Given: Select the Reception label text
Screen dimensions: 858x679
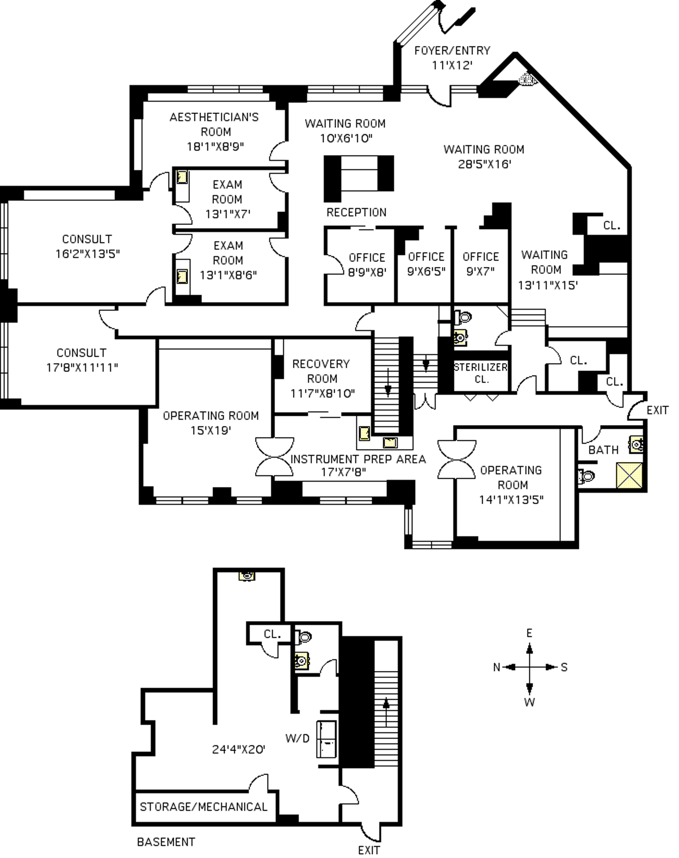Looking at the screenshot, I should click(356, 213).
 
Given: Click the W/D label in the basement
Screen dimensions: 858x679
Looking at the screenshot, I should click(297, 739).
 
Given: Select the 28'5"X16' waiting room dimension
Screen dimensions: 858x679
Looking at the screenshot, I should click(484, 164).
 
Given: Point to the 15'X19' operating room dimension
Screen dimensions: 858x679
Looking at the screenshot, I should click(211, 430).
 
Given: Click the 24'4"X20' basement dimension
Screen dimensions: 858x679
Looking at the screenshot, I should click(238, 750).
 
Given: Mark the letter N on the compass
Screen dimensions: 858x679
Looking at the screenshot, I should click(497, 667).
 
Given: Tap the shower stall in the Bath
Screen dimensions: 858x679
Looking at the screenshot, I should click(629, 475).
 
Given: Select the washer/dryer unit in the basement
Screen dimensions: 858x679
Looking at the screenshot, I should click(327, 739).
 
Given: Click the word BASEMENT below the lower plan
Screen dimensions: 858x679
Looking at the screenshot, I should click(166, 842).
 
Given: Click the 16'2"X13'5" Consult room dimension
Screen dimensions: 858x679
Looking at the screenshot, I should click(88, 254).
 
